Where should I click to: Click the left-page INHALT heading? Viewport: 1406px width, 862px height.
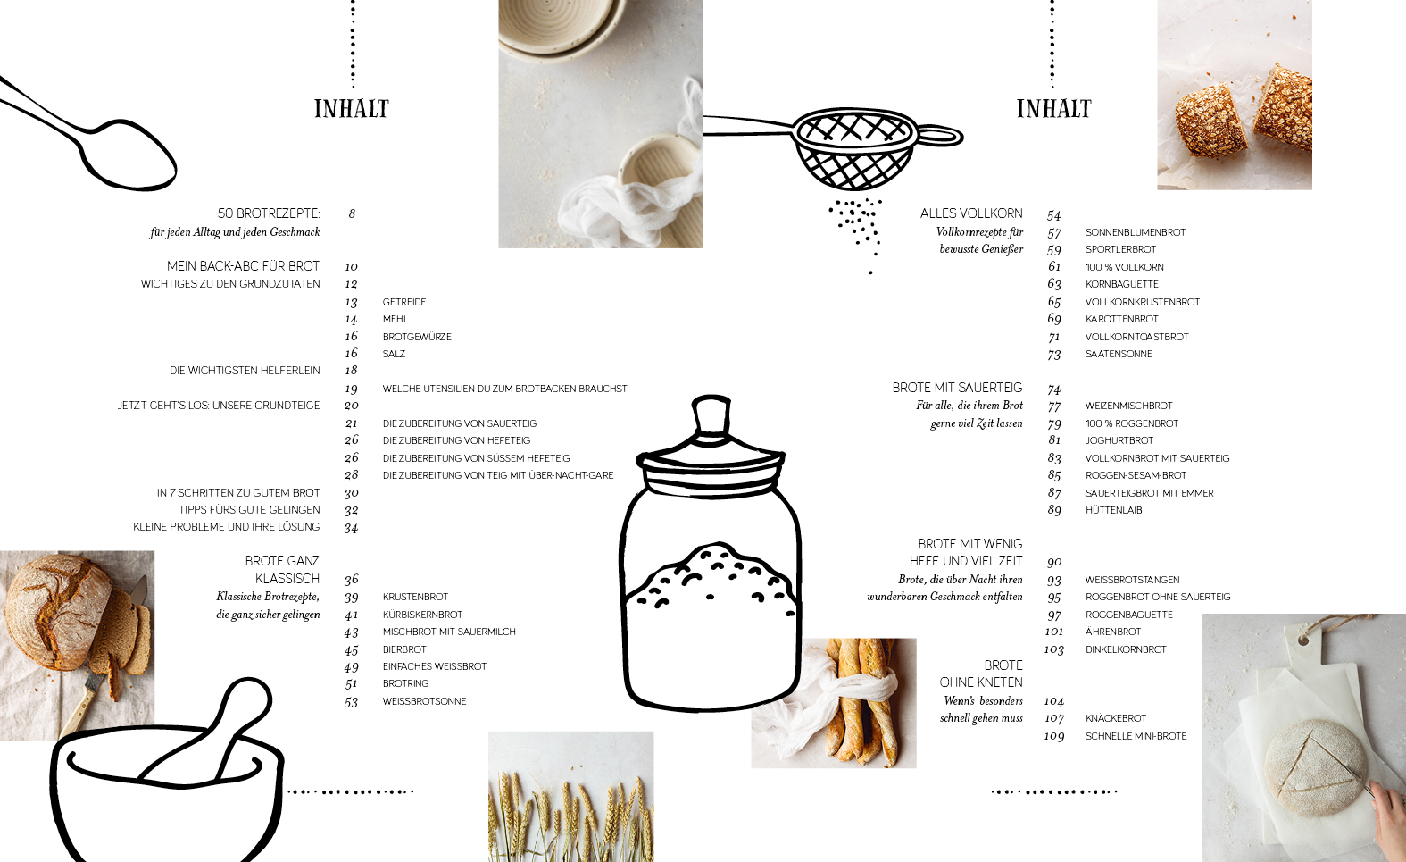click(x=352, y=109)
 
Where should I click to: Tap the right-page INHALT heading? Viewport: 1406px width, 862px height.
click(x=1054, y=109)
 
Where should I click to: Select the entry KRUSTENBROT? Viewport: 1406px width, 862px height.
click(x=415, y=597)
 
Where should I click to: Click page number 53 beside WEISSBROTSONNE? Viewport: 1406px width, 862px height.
click(x=352, y=702)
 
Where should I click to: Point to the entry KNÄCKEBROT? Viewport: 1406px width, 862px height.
click(x=1116, y=718)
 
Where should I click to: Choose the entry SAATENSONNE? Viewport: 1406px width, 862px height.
click(x=1119, y=354)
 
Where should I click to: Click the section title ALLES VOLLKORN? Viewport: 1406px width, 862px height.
click(x=971, y=213)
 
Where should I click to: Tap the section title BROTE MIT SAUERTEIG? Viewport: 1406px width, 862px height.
click(x=958, y=388)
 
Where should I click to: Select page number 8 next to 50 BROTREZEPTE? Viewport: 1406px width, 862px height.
click(x=352, y=213)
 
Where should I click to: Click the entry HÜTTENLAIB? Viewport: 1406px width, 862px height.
click(x=1114, y=510)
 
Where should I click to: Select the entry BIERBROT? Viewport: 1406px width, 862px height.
click(x=404, y=649)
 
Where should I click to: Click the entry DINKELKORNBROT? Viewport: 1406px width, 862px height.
click(x=1126, y=649)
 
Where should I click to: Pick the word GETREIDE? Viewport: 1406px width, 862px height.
click(x=404, y=302)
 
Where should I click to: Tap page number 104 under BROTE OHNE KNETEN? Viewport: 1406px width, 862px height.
click(x=1054, y=701)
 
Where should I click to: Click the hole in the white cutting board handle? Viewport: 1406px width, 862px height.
click(x=1303, y=640)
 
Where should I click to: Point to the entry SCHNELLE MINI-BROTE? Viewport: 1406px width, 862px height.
click(x=1136, y=736)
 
